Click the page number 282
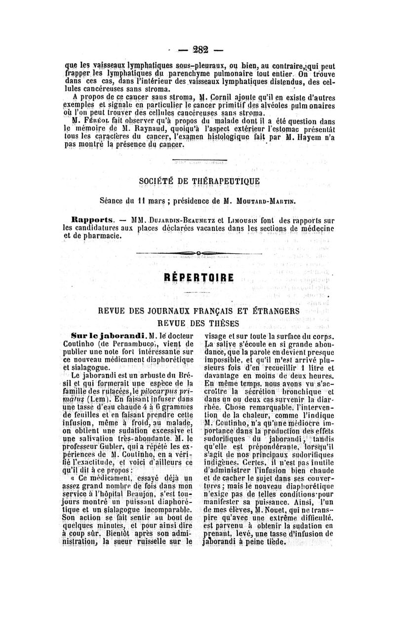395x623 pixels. pyautogui.click(x=201, y=49)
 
